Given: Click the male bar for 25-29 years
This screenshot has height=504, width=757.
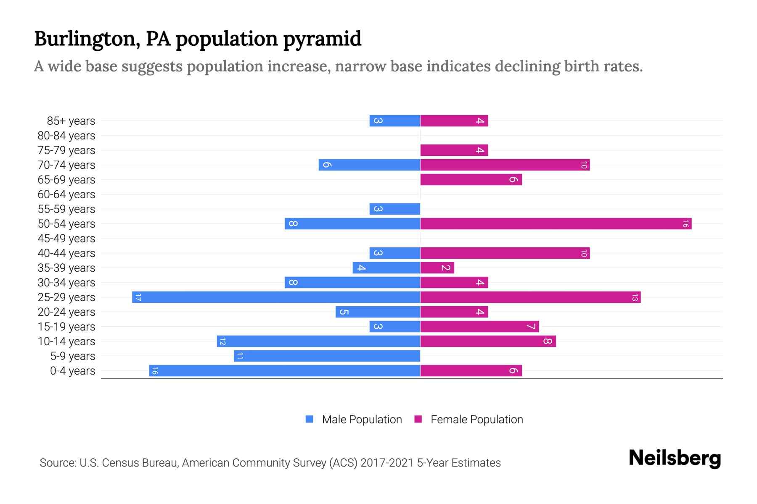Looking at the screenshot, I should pyautogui.click(x=276, y=297).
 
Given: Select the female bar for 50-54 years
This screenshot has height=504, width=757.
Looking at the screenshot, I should pyautogui.click(x=556, y=224).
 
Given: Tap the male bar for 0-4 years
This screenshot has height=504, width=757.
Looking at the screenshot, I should pyautogui.click(x=285, y=371).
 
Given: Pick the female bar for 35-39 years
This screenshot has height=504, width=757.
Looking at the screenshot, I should pyautogui.click(x=437, y=268).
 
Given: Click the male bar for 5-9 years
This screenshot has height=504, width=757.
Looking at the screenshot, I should pyautogui.click(x=327, y=356).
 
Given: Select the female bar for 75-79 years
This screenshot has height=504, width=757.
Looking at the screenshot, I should pyautogui.click(x=454, y=150).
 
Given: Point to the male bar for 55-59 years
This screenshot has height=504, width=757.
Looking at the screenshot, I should pyautogui.click(x=394, y=209).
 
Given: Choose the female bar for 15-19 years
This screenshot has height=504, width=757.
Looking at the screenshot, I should pyautogui.click(x=479, y=327).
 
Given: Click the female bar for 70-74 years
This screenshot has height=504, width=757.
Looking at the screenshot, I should pyautogui.click(x=505, y=165).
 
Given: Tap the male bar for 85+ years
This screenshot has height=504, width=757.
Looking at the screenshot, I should pyautogui.click(x=394, y=121).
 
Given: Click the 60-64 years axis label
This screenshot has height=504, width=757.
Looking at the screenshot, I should pyautogui.click(x=66, y=194).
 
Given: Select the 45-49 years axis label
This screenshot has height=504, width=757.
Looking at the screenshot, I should pyautogui.click(x=66, y=239).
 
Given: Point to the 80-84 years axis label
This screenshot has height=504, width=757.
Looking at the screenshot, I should pyautogui.click(x=66, y=136).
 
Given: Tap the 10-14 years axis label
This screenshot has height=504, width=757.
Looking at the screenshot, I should pyautogui.click(x=66, y=341).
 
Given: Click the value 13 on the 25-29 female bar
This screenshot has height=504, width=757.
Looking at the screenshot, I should pyautogui.click(x=635, y=297).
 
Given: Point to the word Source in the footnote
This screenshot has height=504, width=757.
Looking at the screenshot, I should pyautogui.click(x=58, y=463).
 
